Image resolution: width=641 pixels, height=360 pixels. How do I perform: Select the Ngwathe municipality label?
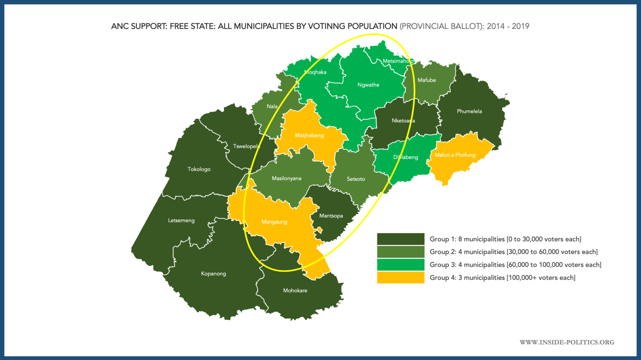[x=368, y=85]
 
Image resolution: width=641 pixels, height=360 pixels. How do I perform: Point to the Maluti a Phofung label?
[x=455, y=155]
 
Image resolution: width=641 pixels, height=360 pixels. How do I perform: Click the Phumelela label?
[x=469, y=111]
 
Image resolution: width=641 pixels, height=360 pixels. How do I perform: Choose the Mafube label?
[x=427, y=80]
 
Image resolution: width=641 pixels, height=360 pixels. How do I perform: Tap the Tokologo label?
[x=199, y=169]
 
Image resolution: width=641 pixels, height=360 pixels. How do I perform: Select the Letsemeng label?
[x=182, y=220]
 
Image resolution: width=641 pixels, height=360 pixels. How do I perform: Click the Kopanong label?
[x=213, y=274]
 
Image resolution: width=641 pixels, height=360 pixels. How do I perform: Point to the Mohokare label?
[x=295, y=290]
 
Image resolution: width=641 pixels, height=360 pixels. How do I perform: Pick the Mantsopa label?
[x=330, y=216]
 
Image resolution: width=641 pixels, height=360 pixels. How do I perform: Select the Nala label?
[x=272, y=106]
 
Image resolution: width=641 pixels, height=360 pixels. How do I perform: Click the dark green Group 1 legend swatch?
[x=400, y=239]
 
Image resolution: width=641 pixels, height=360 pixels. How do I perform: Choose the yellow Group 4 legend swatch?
[x=400, y=278]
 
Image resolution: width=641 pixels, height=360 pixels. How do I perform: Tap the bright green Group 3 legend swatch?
[x=400, y=265]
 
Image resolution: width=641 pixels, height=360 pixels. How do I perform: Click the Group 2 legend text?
[x=513, y=251]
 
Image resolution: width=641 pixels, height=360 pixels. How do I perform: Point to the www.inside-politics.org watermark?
[x=567, y=342]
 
